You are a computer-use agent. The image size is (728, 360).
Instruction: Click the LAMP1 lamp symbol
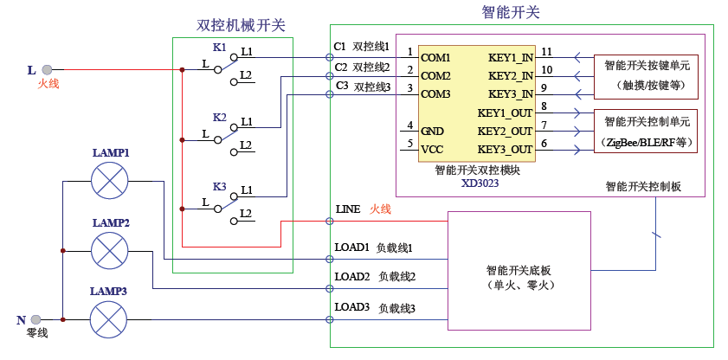(109, 181)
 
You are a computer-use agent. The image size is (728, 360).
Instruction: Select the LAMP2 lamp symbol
(109, 251)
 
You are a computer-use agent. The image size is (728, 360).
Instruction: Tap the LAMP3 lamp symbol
(109, 320)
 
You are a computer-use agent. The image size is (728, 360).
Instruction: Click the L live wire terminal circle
(47, 69)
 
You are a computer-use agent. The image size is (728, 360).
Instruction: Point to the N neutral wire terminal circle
(47, 320)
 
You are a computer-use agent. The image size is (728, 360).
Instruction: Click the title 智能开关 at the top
(510, 12)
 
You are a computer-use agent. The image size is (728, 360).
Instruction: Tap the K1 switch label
(219, 46)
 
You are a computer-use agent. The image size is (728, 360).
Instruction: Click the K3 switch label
(219, 186)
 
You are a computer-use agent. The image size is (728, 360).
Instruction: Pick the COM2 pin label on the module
(435, 76)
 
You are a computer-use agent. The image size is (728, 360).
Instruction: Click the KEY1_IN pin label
(510, 58)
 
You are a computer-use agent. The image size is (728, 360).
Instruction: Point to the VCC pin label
(432, 149)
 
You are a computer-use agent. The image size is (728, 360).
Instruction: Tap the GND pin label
(432, 131)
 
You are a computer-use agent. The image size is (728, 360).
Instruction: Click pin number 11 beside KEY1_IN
(546, 52)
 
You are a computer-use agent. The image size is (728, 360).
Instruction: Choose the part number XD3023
(480, 183)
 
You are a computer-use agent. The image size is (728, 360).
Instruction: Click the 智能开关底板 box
(519, 271)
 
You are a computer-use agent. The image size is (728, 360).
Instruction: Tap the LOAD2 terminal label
(352, 277)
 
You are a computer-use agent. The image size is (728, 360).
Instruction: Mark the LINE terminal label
(347, 209)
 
